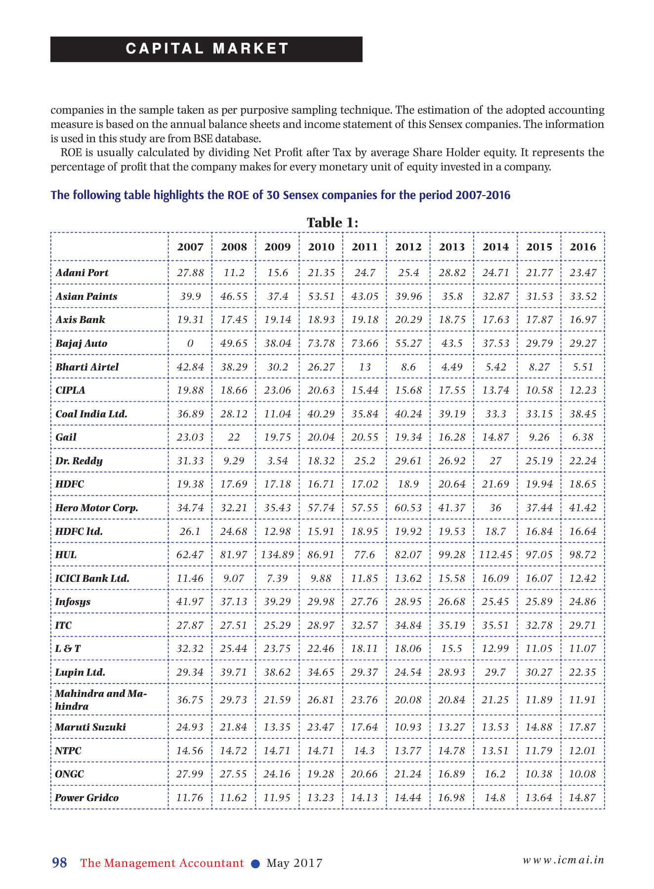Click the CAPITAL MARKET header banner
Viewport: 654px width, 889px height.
coord(206,49)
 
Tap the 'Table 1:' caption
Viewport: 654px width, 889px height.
coord(332,223)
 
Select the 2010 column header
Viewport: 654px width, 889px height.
coord(321,247)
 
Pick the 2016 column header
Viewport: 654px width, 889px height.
coord(583,247)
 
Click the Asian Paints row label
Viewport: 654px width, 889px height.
coord(86,296)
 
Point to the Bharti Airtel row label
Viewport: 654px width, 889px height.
coord(87,367)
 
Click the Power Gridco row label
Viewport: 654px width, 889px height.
coord(87,798)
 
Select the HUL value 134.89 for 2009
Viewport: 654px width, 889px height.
coord(277,555)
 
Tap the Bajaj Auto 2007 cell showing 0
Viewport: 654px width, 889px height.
coord(190,343)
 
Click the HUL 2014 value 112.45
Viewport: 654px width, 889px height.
coord(495,555)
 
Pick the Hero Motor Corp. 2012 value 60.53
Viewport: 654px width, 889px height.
coord(409,508)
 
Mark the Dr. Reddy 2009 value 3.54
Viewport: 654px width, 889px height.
coord(277,461)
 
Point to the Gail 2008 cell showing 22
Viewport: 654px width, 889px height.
coord(234,437)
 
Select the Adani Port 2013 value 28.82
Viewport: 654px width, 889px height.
coord(452,273)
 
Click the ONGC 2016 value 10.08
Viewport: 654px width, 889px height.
coord(583,774)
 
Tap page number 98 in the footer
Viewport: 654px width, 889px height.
coord(59,863)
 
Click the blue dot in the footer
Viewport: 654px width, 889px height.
coord(255,864)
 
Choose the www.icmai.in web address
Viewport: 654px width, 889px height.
coord(564,860)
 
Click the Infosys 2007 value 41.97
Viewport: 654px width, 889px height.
coord(190,602)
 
